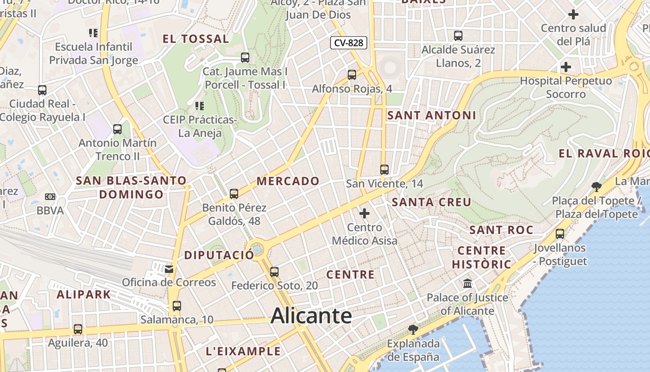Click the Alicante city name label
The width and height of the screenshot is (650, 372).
(311, 316)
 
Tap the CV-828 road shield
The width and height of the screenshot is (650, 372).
(349, 43)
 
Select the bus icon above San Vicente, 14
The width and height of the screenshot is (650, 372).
(384, 169)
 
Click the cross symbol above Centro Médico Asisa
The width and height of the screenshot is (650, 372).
(364, 213)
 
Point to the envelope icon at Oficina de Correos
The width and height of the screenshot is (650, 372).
(169, 269)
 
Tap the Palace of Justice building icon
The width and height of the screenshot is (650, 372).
(468, 283)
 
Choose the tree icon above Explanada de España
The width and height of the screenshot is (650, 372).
(413, 330)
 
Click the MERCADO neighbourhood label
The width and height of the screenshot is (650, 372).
(288, 181)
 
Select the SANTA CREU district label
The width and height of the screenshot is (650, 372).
(431, 202)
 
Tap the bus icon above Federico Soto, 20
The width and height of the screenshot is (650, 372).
(274, 272)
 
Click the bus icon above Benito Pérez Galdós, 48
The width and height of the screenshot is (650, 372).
(234, 193)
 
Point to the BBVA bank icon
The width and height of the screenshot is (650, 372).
(50, 197)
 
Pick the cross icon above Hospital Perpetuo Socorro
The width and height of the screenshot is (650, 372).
(565, 67)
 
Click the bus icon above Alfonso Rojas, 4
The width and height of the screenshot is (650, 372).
(352, 74)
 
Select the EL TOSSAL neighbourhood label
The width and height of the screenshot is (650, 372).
(195, 39)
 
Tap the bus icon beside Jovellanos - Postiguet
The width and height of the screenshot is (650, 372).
(560, 233)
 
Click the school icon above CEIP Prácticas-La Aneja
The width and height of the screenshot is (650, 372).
(200, 106)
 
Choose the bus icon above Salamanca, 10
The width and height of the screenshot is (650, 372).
(176, 306)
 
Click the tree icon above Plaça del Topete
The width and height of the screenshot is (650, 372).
(597, 187)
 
